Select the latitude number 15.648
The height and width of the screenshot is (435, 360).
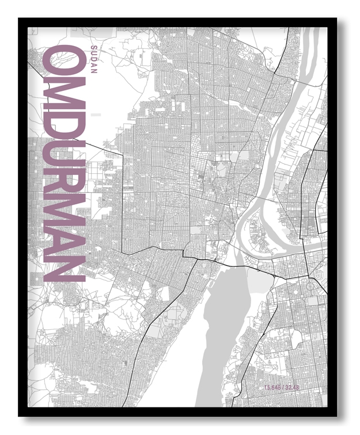[x=273, y=386]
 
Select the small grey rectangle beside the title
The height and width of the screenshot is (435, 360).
[x=96, y=115]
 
